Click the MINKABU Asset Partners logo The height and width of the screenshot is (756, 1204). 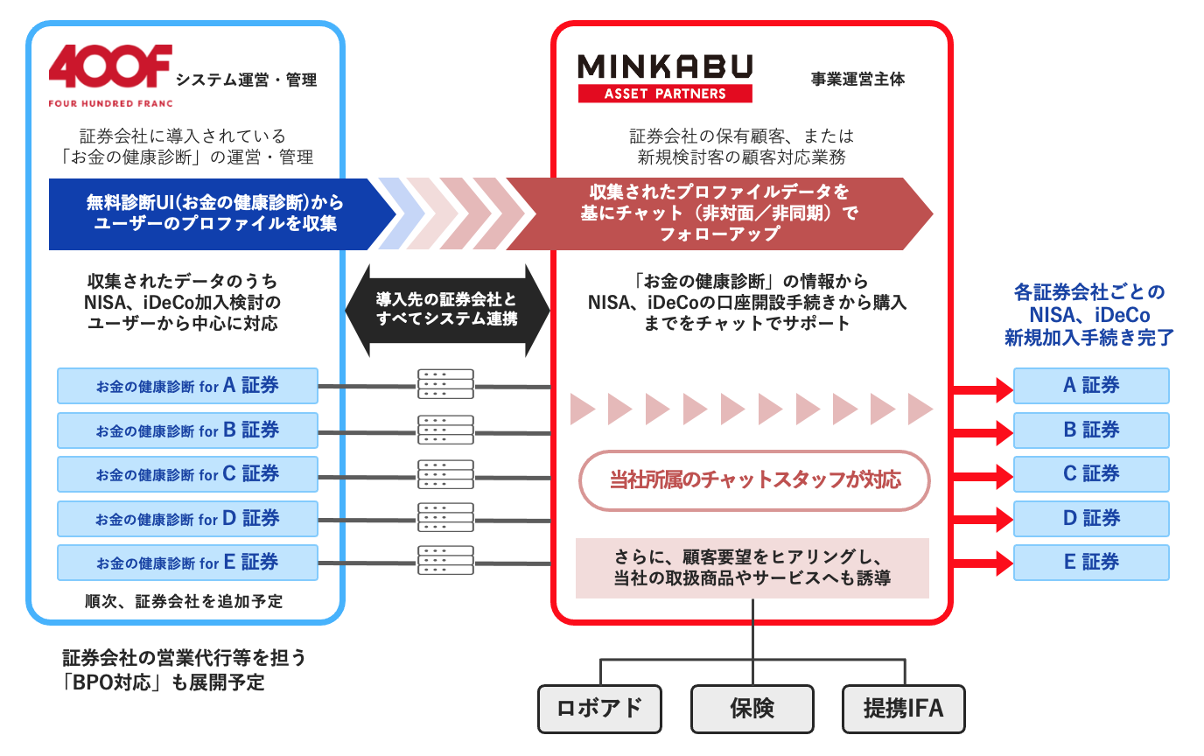[x=665, y=77]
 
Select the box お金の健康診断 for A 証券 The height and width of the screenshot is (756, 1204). [x=187, y=386]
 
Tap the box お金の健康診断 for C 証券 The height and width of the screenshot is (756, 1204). [x=187, y=474]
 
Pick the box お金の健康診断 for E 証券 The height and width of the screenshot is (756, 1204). [x=187, y=563]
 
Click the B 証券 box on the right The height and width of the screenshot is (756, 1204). [x=1090, y=430]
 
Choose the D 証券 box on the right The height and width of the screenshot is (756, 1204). [x=1090, y=518]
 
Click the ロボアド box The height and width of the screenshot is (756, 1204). [x=599, y=708]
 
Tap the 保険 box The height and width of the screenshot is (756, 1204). [x=752, y=708]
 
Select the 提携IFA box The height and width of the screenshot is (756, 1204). [x=903, y=708]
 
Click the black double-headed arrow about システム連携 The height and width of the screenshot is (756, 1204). [x=447, y=309]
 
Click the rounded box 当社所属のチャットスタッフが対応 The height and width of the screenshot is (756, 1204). [x=754, y=479]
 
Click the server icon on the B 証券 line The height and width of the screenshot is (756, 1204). [x=445, y=429]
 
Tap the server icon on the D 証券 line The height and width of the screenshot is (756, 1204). [x=445, y=517]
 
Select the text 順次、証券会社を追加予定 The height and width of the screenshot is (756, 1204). [x=184, y=602]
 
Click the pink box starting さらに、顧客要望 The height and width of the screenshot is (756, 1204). [x=752, y=568]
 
